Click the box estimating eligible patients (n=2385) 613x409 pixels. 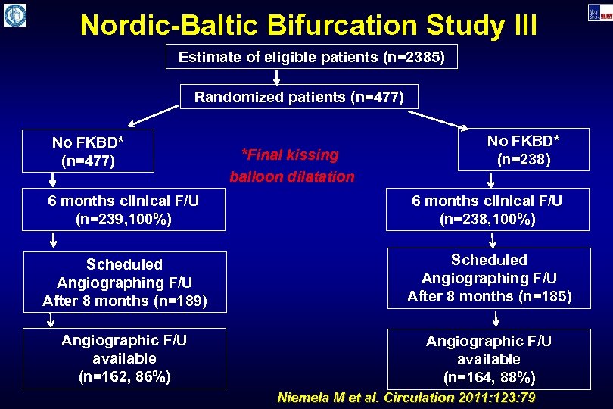coord(311,57)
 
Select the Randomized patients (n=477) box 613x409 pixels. coord(299,97)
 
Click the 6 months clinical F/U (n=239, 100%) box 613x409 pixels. coord(124,210)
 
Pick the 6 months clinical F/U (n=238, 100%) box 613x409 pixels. coord(487,210)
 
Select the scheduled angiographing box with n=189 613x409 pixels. coord(124,282)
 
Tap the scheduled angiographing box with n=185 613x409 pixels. coord(489,277)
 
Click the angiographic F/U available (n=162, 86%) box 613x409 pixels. coord(124,357)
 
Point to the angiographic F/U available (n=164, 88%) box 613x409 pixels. coord(489,359)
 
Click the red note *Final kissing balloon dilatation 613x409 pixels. coord(291,166)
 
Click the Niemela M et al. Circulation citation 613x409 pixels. coord(406,398)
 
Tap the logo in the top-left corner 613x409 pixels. coord(14,14)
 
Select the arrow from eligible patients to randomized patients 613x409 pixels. coord(277,76)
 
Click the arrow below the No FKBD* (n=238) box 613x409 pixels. coord(490,180)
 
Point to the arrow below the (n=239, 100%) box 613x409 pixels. coord(53,240)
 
